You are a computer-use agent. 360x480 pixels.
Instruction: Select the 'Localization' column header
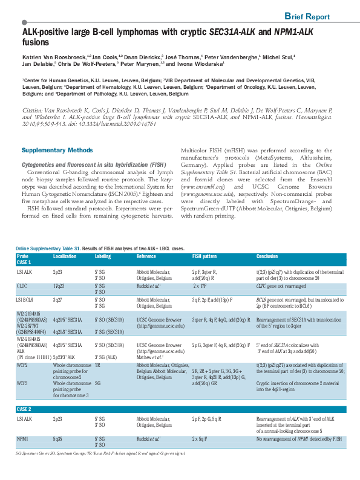[x=65, y=256]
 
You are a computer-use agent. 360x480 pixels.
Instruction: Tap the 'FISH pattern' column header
[x=206, y=256]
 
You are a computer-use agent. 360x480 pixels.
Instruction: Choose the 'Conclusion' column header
[x=267, y=256]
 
